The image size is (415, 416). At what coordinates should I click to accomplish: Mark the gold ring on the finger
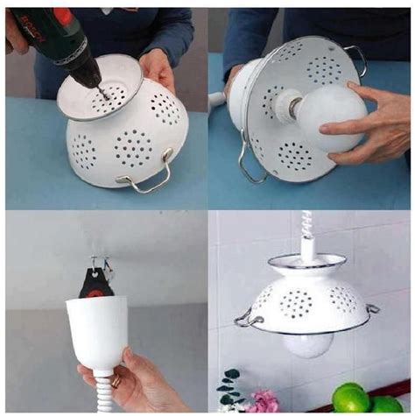tap(116, 381)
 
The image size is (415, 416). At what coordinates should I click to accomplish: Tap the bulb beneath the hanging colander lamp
tap(306, 343)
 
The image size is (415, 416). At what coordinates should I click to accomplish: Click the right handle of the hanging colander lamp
tap(371, 309)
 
